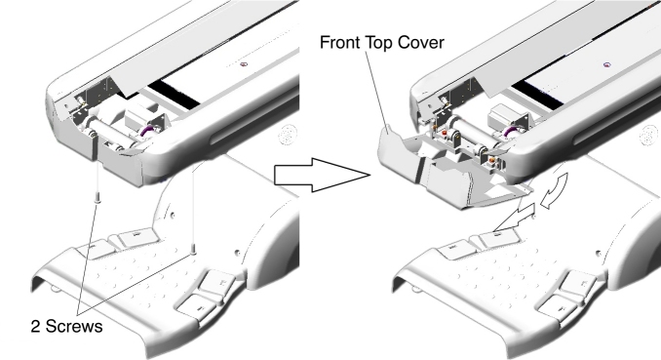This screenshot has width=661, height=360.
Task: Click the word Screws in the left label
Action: click(74, 326)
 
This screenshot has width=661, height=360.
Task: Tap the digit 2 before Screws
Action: click(35, 326)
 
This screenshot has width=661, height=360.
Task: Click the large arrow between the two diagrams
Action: click(322, 175)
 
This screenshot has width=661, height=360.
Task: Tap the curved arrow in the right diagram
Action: click(555, 188)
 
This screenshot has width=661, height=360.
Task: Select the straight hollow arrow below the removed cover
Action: click(515, 218)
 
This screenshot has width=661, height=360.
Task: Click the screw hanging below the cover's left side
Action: click(97, 197)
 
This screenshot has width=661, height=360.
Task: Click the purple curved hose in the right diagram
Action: click(511, 131)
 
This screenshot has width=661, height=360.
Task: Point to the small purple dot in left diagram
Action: click(243, 64)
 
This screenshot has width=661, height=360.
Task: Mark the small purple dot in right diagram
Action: click(607, 64)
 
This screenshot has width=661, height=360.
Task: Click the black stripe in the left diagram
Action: click(174, 94)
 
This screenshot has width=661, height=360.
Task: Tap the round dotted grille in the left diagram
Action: click(288, 135)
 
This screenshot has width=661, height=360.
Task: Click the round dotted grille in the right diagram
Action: click(648, 136)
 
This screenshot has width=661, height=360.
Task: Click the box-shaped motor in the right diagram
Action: click(505, 116)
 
